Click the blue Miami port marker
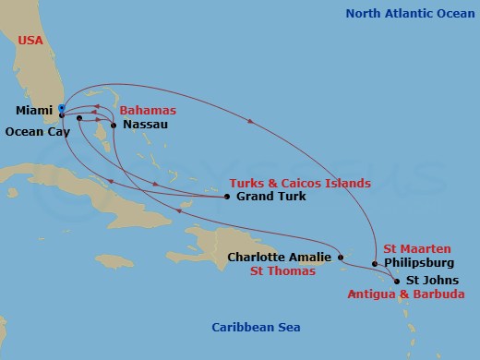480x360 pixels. tap(61, 108)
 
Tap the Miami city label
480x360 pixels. tap(34, 111)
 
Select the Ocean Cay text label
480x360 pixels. tap(37, 131)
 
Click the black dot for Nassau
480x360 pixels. tap(113, 124)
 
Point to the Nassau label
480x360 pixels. tap(145, 124)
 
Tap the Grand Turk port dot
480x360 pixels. tap(227, 197)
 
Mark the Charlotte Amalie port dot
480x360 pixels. tap(341, 258)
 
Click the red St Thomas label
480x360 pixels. tap(283, 271)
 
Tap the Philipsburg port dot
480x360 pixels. tap(375, 263)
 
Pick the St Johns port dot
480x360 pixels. tap(397, 281)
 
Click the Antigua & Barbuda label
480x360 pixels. tap(406, 294)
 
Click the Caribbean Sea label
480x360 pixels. tap(256, 328)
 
